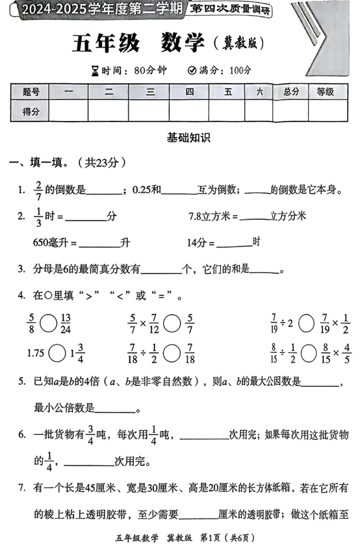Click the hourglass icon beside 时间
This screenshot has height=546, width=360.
pyautogui.click(x=96, y=70)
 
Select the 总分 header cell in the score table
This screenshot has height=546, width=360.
pyautogui.click(x=291, y=92)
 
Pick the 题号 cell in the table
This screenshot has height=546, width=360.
pyautogui.click(x=31, y=92)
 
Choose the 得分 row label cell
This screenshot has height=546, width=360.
pyautogui.click(x=31, y=112)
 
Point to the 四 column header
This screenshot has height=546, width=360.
pyautogui.click(x=189, y=92)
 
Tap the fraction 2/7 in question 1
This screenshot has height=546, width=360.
pyautogui.click(x=39, y=189)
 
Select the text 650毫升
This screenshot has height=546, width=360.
pyautogui.click(x=55, y=242)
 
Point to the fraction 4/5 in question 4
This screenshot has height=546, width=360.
pyautogui.click(x=346, y=354)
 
